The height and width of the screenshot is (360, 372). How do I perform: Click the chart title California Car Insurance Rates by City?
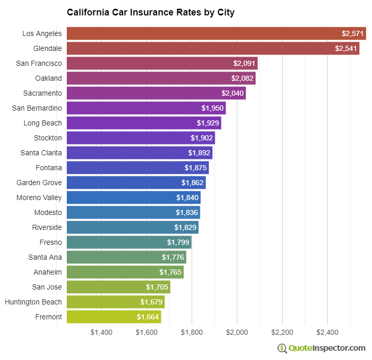pos(151,12)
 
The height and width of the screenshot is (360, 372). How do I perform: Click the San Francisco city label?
pos(39,63)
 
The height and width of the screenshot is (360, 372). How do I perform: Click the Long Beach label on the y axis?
pos(43,123)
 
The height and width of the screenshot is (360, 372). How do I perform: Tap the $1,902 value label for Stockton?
pos(201,138)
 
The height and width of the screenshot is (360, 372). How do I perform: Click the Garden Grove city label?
pos(39,183)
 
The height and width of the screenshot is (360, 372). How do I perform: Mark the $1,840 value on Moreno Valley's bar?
pos(187,198)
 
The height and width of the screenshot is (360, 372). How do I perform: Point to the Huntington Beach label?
pos(33,302)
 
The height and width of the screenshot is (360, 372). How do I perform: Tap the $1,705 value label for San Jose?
pos(157,287)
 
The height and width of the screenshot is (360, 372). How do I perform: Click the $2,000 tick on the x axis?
pos(237,332)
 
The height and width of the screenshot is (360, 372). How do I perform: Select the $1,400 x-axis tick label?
pos(101,332)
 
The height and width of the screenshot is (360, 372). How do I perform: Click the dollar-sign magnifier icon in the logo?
pos(282,348)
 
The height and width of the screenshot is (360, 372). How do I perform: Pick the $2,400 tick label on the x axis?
pos(327,332)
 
